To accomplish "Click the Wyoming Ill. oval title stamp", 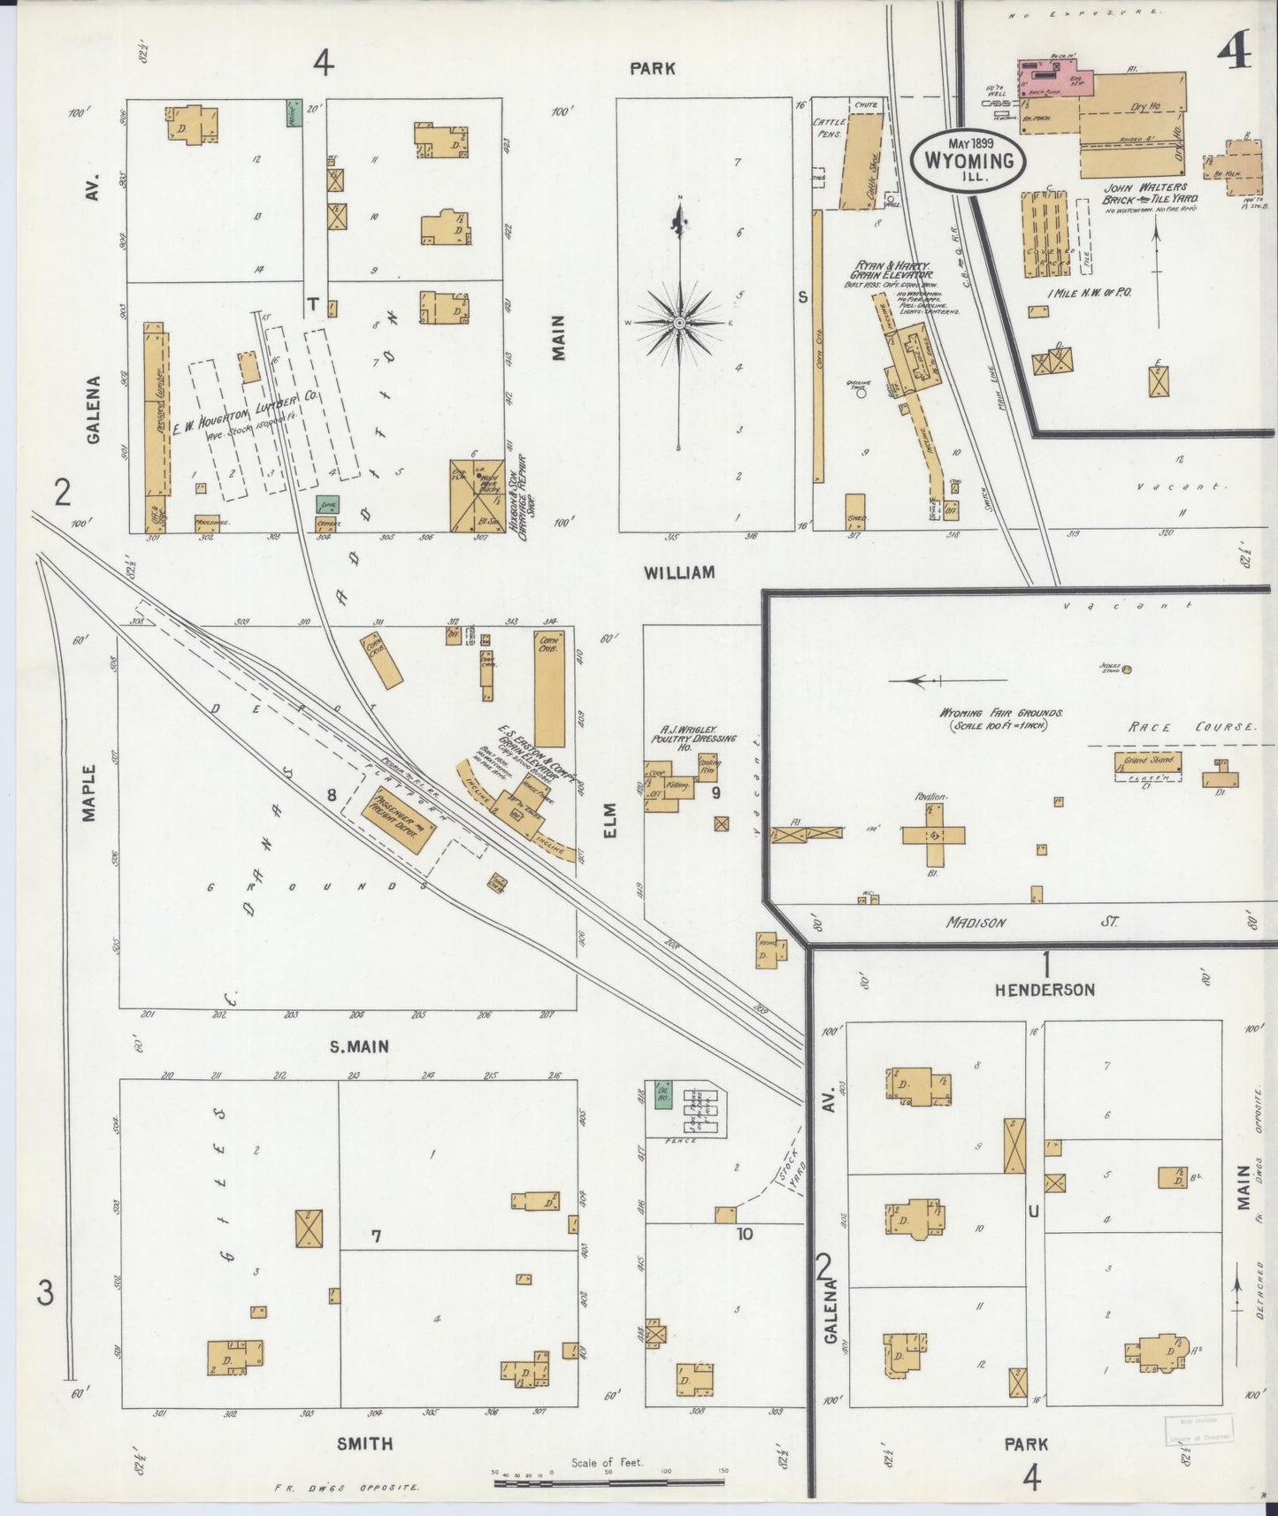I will [968, 160].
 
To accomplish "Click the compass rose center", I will [679, 324].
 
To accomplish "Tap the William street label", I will [679, 573].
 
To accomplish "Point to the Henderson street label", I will [1045, 990].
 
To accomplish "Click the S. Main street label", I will [359, 1047].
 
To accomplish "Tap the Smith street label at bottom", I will [365, 1443].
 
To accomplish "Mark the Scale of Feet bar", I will [608, 1481].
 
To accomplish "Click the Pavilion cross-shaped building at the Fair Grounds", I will [933, 835].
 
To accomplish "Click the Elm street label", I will [609, 820].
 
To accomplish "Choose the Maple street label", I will [89, 793].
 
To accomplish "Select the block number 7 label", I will [376, 1237].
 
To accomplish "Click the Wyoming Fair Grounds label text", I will [1000, 713].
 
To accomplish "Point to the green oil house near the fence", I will [662, 1095].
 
